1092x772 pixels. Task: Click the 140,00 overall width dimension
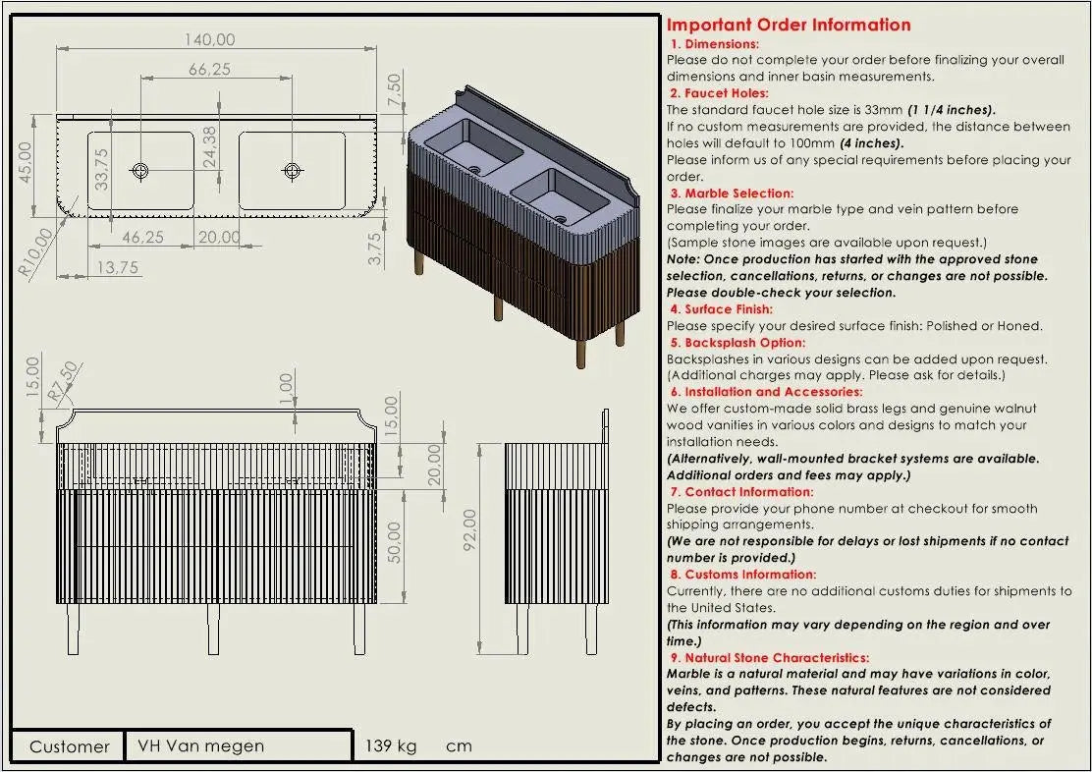209,39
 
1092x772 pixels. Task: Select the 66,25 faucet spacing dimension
209,69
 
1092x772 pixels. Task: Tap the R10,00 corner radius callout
35,252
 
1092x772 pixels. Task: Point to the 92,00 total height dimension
470,529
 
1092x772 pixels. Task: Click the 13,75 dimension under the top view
117,267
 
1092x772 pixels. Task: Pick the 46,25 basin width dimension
142,237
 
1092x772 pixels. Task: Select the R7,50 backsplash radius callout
63,382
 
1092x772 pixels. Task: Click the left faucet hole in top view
140,170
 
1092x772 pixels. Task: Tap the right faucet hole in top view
292,170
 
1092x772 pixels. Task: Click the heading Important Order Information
789,26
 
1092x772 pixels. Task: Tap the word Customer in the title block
70,746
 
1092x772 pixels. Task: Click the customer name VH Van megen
200,746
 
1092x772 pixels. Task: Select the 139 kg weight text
391,746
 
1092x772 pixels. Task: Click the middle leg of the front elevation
214,630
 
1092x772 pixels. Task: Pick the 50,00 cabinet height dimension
394,543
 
